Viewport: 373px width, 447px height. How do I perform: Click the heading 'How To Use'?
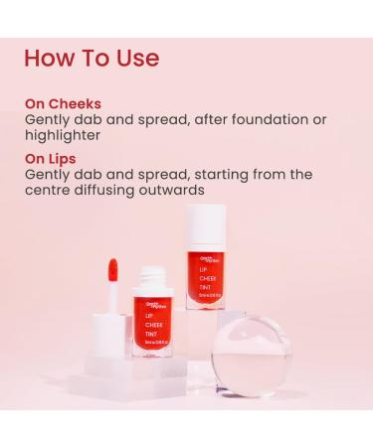(92, 57)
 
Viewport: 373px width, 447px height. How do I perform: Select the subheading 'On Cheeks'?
(64, 103)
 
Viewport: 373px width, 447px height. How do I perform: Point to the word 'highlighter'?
(63, 135)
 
